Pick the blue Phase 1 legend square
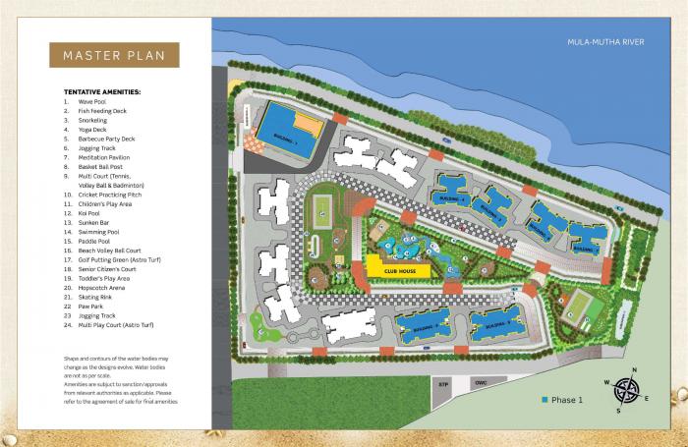coord(544,400)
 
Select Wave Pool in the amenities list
coord(93,101)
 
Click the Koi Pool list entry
coord(90,212)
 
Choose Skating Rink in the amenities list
coord(96,296)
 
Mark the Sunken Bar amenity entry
coord(94,222)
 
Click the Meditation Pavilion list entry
coord(106,157)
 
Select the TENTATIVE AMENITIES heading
coord(102,91)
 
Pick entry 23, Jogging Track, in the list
coord(96,314)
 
